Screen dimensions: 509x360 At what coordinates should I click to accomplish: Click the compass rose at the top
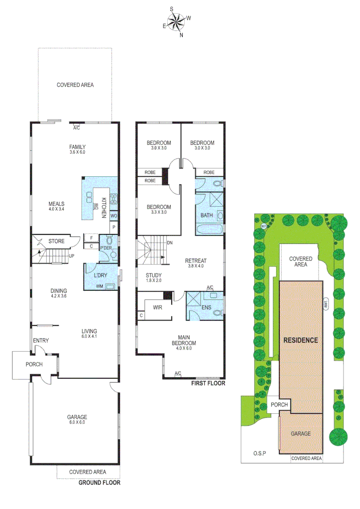[177, 21]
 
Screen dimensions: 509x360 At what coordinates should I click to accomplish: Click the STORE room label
[57, 241]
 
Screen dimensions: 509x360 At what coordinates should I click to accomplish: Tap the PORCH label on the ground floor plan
[34, 364]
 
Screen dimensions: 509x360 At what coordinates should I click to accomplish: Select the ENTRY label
[41, 340]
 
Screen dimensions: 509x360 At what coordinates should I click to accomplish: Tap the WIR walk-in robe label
[157, 306]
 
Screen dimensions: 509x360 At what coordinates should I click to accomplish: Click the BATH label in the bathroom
[206, 215]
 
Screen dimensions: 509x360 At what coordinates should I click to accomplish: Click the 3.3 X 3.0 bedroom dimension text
[158, 212]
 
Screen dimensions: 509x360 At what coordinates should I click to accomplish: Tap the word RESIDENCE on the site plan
[301, 340]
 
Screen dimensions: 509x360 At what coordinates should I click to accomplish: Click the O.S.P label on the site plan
[259, 453]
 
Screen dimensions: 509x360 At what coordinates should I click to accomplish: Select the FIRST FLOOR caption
[208, 384]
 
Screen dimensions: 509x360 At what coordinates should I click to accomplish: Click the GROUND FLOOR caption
[99, 483]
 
